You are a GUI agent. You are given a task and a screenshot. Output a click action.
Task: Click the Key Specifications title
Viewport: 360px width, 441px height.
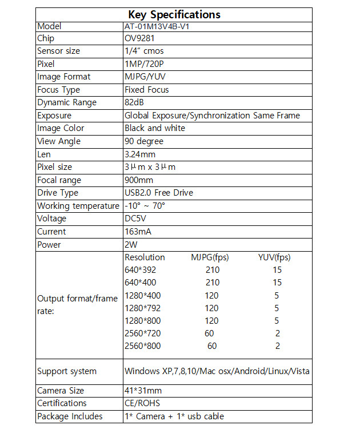[174, 14]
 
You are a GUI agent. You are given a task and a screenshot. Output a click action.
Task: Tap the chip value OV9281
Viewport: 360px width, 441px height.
[140, 38]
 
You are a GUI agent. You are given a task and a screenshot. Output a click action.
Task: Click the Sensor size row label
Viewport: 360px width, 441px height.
[59, 51]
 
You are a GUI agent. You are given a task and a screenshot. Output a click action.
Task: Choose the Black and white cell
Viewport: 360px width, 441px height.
[155, 128]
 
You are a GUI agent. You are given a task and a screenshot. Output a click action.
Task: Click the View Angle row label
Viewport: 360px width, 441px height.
[59, 141]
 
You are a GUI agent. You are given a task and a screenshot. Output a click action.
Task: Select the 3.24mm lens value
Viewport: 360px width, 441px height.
[140, 154]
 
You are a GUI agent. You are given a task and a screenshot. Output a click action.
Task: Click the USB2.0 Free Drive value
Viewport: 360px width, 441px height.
[159, 193]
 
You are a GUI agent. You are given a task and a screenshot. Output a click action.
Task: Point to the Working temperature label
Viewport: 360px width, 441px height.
[78, 206]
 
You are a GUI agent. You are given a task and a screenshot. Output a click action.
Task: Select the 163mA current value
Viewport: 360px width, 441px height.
[138, 232]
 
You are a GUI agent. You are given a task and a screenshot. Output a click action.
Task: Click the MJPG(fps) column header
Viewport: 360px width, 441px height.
[210, 257]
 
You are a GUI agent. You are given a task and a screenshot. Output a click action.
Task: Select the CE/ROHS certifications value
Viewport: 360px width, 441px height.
[142, 403]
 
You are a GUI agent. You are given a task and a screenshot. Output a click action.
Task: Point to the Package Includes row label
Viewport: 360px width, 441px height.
[70, 416]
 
